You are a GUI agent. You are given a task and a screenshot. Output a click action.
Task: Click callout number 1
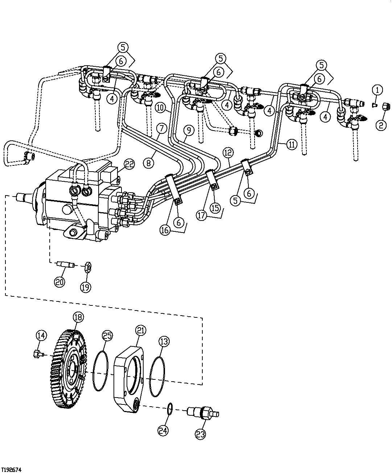coord(377,90)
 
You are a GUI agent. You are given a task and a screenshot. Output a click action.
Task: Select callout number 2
coord(381,126)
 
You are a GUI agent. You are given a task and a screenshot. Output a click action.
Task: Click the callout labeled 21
coord(140,330)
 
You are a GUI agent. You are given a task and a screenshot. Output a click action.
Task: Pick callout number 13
coord(164,341)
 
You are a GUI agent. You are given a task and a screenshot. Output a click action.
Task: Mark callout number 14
coord(42,336)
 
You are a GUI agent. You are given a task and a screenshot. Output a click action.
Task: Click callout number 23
coord(201,435)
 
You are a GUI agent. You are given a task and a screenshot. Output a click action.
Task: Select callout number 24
coord(164,431)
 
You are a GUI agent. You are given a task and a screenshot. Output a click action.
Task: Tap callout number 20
coord(60,282)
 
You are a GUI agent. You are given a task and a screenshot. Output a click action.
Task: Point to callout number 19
coord(86,287)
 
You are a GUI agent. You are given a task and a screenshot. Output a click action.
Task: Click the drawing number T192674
coord(11,469)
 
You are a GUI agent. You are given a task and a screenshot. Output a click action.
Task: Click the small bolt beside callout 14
coord(37,353)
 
